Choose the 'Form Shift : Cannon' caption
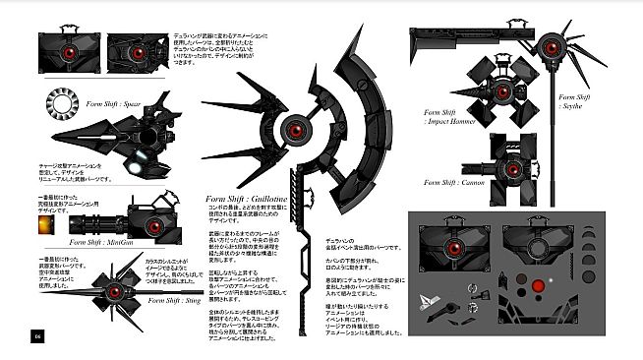point(457,182)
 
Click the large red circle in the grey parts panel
point(536,286)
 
